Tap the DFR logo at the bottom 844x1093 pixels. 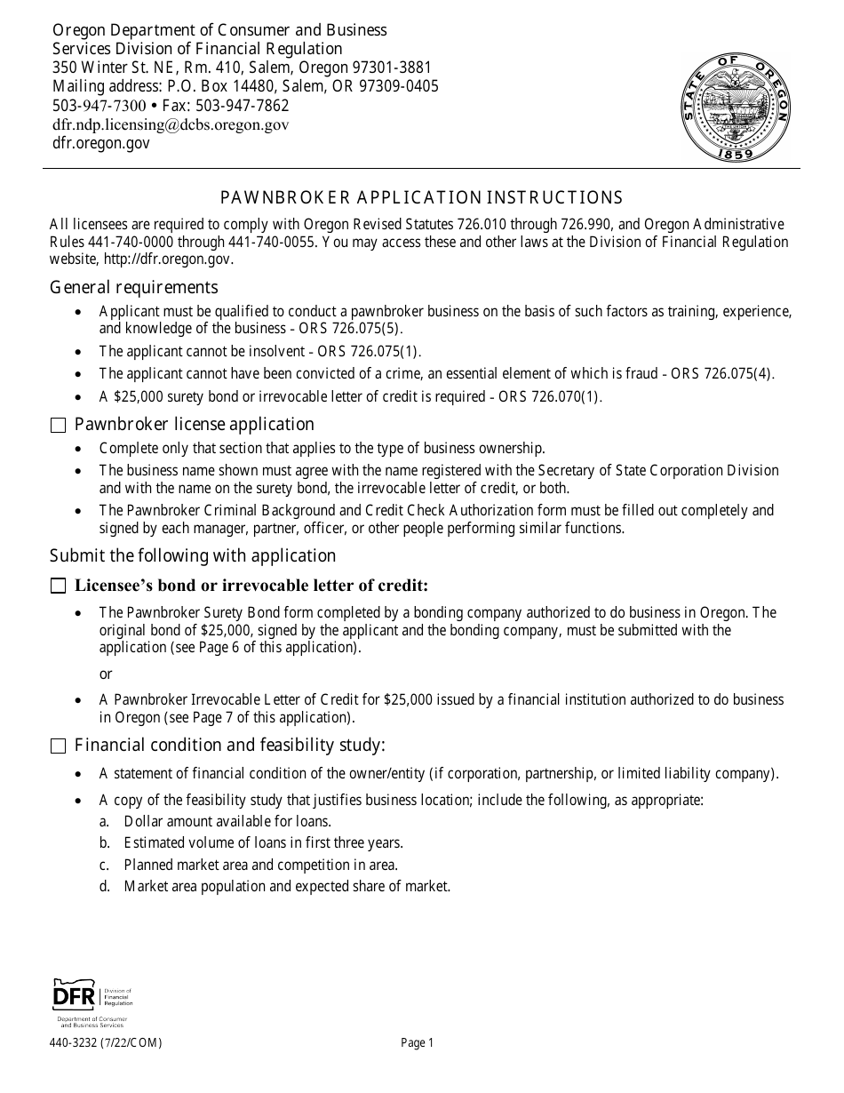point(92,1002)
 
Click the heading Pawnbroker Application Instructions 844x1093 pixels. point(421,197)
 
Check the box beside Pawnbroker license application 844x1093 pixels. point(59,426)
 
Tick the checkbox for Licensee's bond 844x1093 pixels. point(59,586)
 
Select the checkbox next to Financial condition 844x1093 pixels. point(59,746)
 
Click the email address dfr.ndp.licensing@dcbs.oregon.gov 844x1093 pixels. point(171,124)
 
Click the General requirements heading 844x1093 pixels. point(133,287)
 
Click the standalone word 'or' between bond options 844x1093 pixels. point(106,674)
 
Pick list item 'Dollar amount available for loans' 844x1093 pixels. point(227,822)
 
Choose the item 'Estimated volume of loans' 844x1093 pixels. point(263,843)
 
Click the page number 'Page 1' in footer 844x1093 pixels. point(417,1044)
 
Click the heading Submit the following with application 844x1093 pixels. point(193,556)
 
